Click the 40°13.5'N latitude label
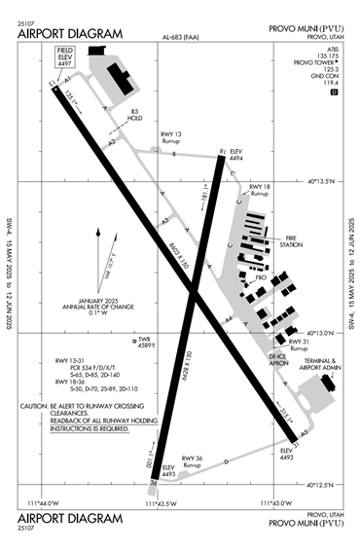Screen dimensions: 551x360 click(327, 180)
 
